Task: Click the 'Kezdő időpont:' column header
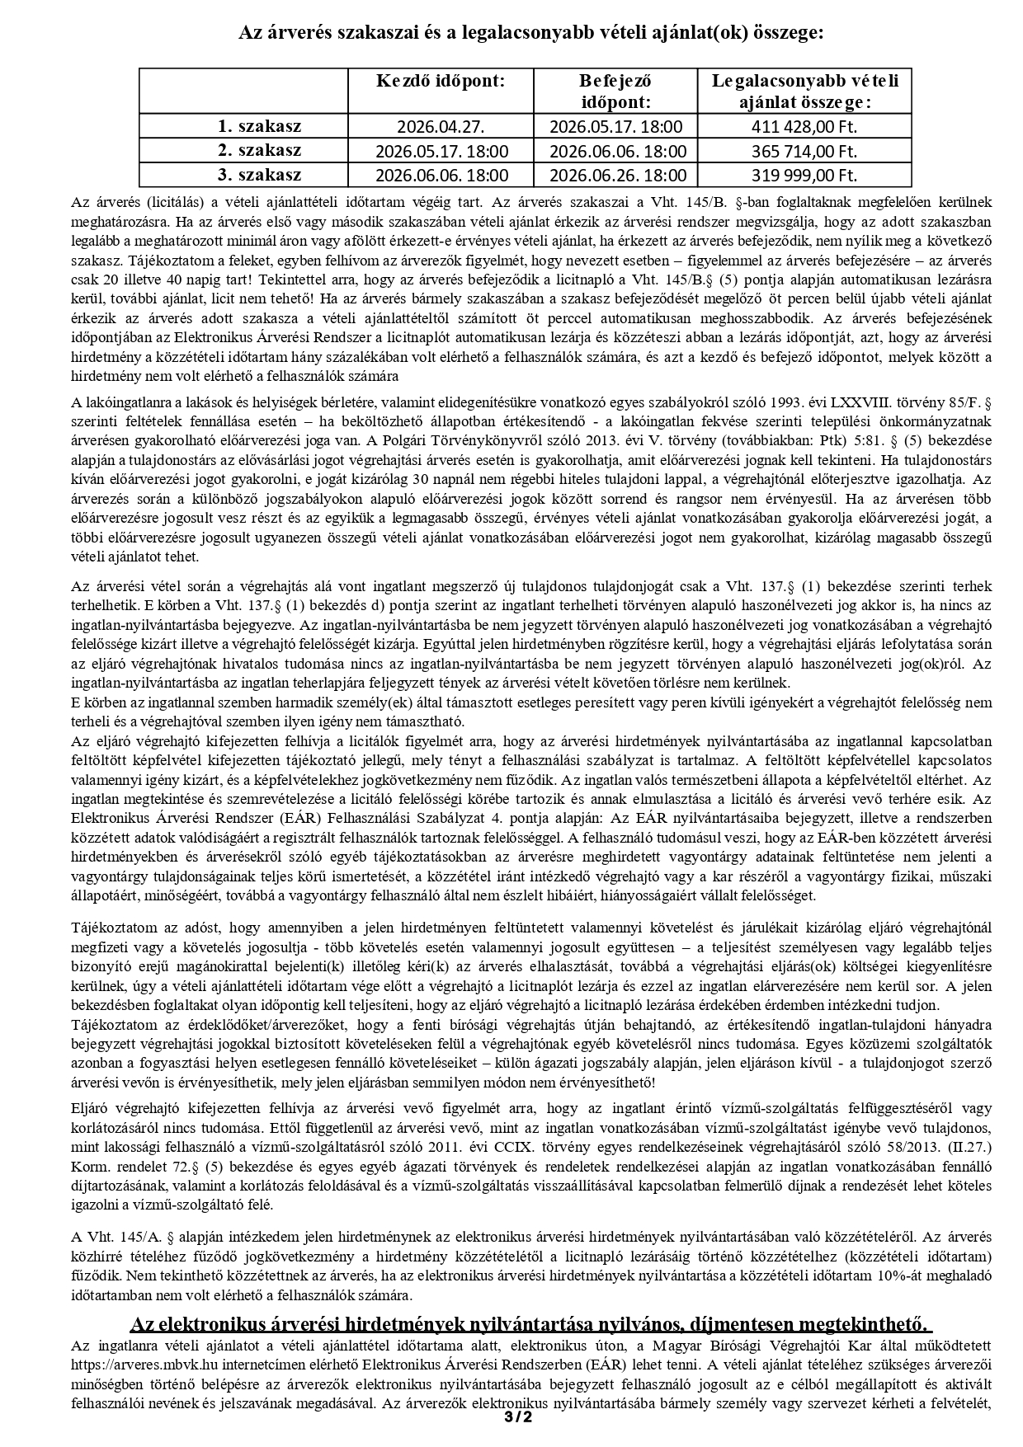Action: click(441, 81)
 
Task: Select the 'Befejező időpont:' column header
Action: click(615, 91)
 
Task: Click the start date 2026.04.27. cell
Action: click(441, 127)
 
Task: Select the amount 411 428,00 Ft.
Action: click(804, 127)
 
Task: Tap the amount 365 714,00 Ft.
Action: click(804, 151)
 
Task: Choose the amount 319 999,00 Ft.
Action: click(804, 175)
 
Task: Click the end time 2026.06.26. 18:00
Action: click(616, 175)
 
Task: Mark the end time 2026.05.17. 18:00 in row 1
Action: click(616, 127)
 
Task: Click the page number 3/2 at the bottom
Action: click(518, 1418)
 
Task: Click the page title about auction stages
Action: click(531, 33)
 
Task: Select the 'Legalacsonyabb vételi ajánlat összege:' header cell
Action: click(804, 91)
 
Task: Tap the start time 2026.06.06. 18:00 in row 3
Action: click(441, 175)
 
